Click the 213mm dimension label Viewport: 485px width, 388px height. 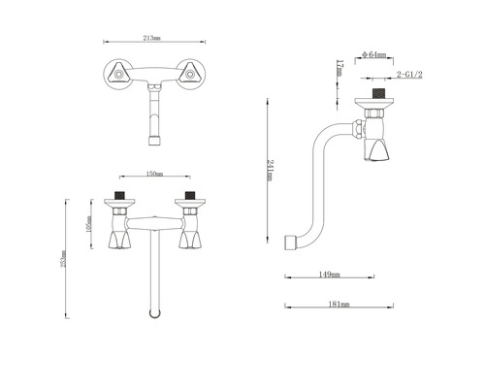(x=151, y=39)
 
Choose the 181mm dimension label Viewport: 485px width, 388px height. (x=339, y=305)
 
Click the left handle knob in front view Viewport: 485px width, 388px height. (x=121, y=239)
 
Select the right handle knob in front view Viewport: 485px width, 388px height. (x=189, y=239)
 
